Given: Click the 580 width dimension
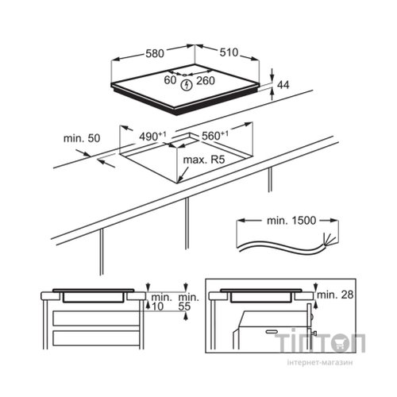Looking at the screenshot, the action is pos(155,53).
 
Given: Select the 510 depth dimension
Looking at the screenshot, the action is pos(229,52).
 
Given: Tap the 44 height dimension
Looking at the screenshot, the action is pos(283,85).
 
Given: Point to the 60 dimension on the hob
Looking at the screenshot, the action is pos(170,80).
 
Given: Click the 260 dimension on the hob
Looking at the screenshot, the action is pos(206,81).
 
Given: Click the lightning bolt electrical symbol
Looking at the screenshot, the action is pos(187,85).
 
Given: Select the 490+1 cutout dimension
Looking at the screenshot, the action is pos(152,137).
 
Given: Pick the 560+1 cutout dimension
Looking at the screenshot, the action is pos(215,135).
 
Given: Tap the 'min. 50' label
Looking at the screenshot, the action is pos(82,138).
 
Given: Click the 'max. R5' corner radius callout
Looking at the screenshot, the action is pos(204,160).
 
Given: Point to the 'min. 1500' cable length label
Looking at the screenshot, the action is pos(291,221).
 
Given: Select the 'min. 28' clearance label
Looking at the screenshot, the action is pos(335,295).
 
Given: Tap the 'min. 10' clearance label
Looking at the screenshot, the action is pos(161,302).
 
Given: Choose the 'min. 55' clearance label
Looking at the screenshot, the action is pos(188,302).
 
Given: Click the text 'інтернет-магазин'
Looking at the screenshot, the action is pos(320,363).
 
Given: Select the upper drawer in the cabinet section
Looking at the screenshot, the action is pos(96,318).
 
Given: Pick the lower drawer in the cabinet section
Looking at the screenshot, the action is pos(96,338).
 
